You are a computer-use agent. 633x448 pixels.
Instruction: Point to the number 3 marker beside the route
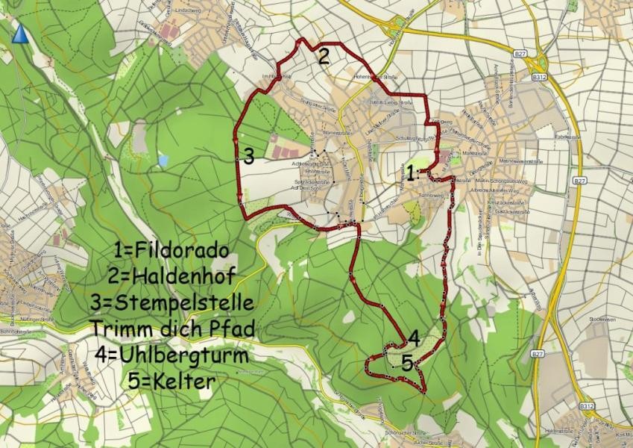(248, 157)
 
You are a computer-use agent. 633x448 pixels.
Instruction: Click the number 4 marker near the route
(413, 337)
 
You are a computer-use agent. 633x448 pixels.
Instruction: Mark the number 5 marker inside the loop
(406, 364)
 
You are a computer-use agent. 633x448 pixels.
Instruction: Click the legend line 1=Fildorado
(172, 250)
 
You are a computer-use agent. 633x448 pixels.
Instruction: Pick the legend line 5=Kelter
(171, 381)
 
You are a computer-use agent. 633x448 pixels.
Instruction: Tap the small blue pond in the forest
(163, 160)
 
